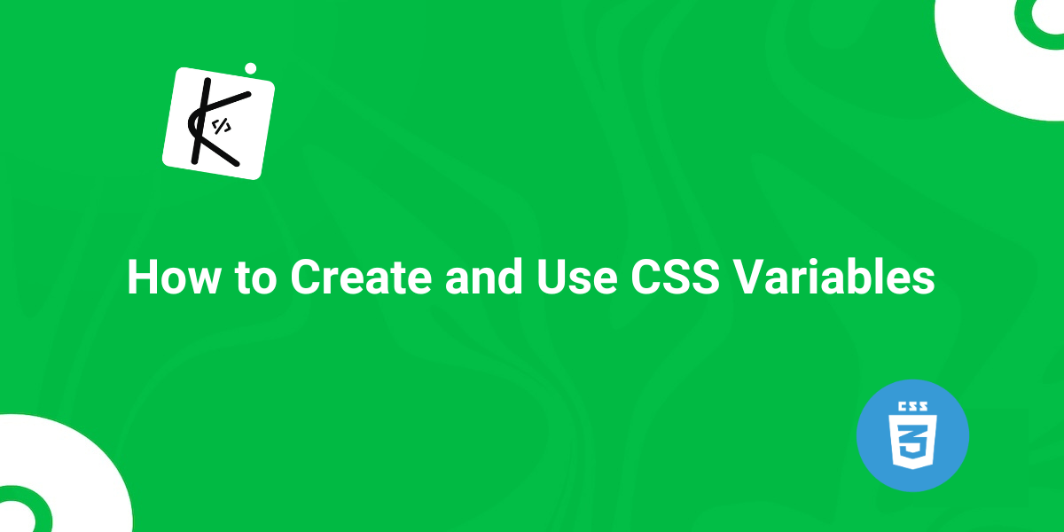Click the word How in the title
(174, 277)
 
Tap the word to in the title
(256, 278)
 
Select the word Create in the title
(361, 277)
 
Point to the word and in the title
(484, 277)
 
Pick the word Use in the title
(577, 277)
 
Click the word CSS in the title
(675, 277)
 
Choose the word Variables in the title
(833, 277)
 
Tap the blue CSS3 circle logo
(912, 435)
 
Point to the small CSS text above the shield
(912, 406)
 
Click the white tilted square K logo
(218, 123)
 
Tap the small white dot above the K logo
(251, 69)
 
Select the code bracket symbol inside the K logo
(222, 126)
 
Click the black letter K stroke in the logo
(200, 121)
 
